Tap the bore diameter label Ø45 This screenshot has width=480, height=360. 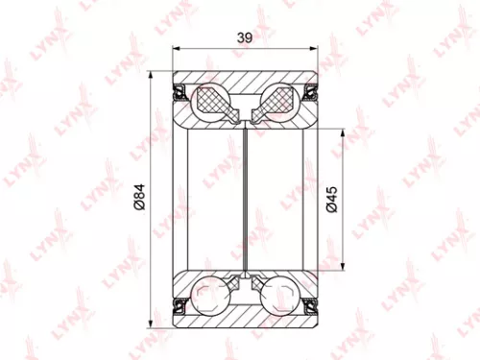331,199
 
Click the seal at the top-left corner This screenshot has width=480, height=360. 180,92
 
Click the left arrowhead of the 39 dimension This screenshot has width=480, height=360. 176,50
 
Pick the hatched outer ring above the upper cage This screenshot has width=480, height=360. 246,80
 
